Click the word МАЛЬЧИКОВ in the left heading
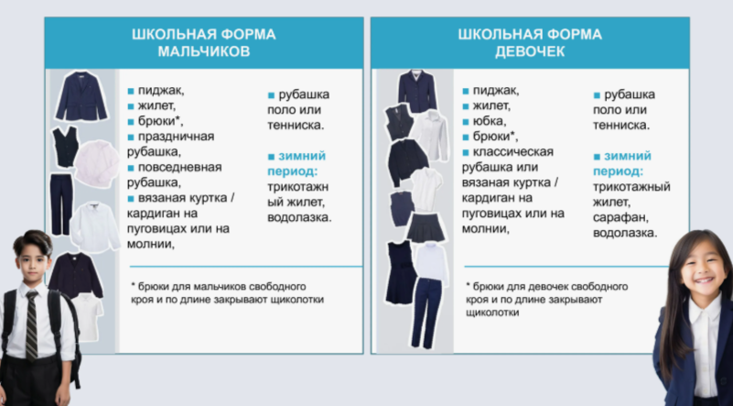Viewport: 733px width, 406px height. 204,51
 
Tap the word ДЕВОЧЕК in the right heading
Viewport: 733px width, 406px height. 530,51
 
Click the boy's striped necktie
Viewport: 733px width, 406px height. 32,325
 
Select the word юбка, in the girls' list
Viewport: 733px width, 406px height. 490,121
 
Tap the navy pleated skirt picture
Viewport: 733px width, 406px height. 426,227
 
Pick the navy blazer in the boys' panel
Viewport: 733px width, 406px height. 81,96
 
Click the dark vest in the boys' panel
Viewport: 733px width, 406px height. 66,147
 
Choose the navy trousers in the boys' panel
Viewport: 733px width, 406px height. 61,204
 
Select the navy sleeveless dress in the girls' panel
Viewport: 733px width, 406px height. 400,272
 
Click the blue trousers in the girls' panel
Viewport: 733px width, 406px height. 426,313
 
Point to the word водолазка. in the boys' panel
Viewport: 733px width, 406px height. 299,218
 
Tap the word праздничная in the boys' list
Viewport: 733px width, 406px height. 176,137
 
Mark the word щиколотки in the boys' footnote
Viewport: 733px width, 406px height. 295,300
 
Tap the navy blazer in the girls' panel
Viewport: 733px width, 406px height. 417,91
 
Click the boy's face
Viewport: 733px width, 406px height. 33,260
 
